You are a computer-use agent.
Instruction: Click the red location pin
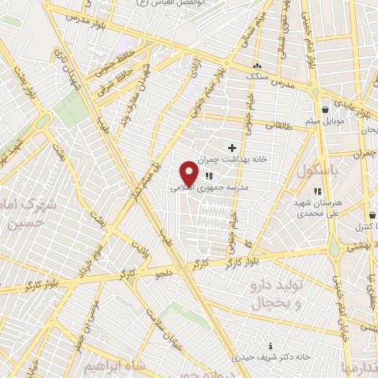coord(190,173)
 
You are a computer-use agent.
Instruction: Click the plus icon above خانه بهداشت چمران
coord(232,148)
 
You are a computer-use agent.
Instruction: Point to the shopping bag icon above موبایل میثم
coord(326,109)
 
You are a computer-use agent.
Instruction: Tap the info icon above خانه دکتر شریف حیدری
coord(271,346)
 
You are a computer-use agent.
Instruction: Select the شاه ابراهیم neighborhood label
coord(111,367)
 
